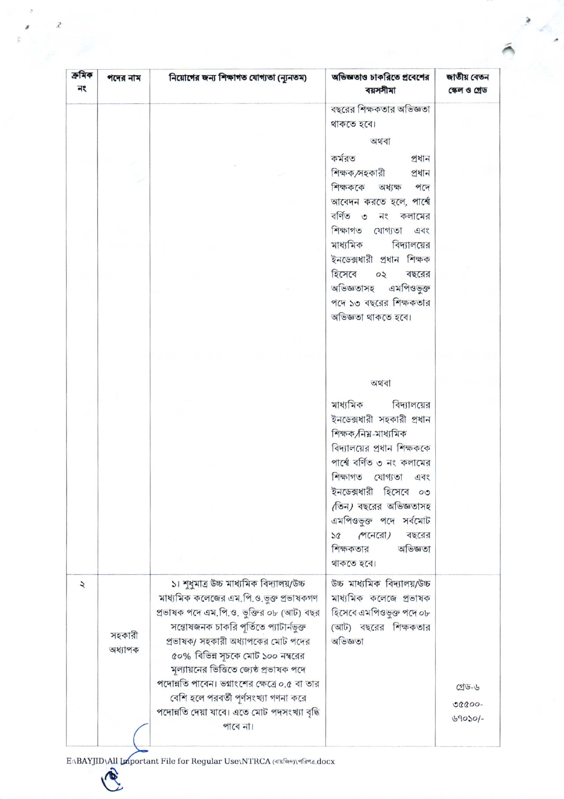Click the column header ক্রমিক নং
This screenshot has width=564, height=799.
tap(82, 81)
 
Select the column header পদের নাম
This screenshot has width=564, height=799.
tap(124, 78)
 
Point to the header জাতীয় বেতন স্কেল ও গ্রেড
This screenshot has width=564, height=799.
tap(468, 83)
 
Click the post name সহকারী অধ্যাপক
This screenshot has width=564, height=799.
tap(124, 642)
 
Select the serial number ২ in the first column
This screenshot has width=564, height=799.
tap(82, 584)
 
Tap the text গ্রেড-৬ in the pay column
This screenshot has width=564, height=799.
tap(468, 687)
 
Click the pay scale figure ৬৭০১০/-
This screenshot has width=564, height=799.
tap(468, 718)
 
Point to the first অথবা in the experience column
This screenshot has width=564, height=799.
tap(380, 141)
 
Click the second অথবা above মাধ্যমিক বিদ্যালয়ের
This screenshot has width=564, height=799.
tap(380, 383)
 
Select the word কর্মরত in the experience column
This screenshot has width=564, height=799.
tap(343, 158)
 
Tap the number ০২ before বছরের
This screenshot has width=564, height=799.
tap(380, 274)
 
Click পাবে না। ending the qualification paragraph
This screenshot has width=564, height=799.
tap(237, 726)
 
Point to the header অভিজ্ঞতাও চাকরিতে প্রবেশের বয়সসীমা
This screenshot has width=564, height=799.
tap(380, 83)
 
